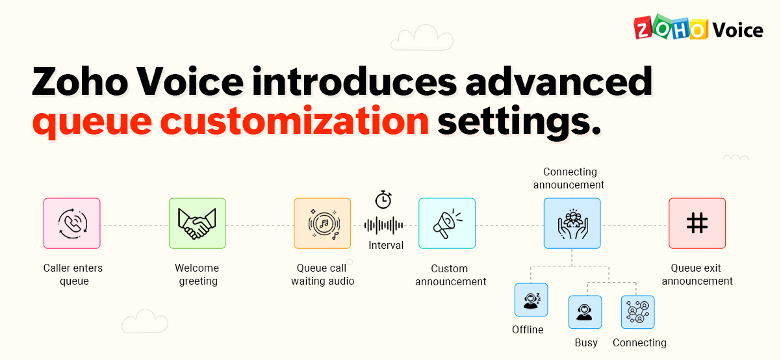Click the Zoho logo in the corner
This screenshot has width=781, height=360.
670,29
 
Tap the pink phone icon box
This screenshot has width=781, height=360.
72,224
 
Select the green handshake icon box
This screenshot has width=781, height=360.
198,224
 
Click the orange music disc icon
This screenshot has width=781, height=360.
322,224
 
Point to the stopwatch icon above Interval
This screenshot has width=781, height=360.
383,199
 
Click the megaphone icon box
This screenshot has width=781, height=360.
447,224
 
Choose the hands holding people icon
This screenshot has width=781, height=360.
572,224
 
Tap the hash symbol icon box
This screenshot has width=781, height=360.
697,224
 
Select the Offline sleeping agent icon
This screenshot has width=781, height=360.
531,300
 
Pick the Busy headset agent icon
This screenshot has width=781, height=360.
585,313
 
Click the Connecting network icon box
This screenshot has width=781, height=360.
638,313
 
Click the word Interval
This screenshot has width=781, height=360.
386,246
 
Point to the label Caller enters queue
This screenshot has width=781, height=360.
73,275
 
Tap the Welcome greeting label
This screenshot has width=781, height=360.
198,275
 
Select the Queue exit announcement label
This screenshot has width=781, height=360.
697,275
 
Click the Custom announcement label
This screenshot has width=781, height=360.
450,276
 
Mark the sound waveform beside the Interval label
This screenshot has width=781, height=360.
383,225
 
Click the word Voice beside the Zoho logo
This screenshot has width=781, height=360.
737,30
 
